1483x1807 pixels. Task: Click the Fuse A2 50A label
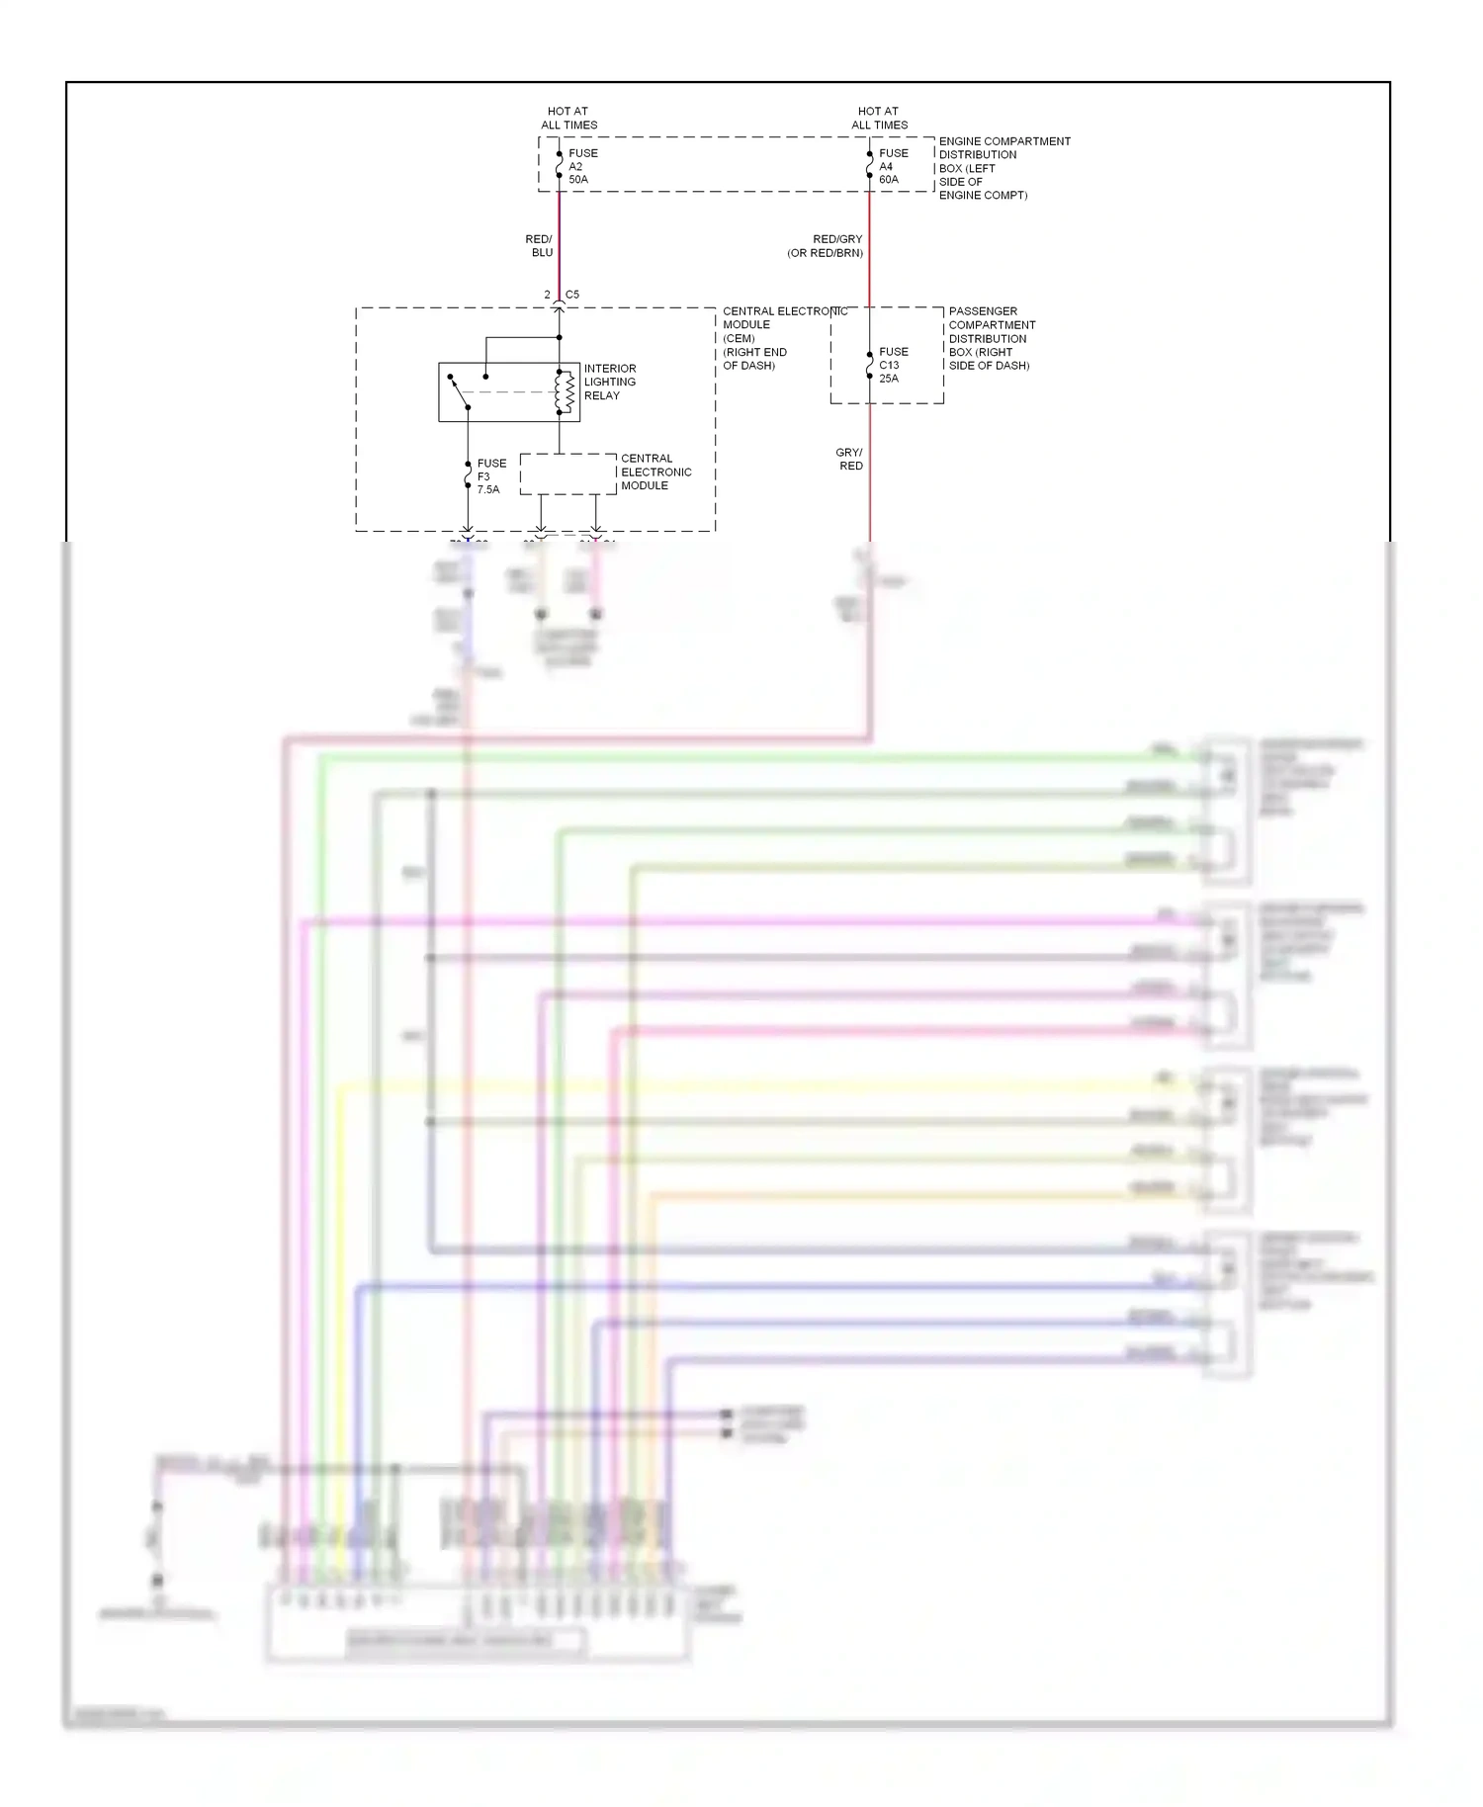point(581,166)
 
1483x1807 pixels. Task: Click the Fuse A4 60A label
point(892,166)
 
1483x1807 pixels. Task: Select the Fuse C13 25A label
point(892,365)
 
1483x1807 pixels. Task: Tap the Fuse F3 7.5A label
point(490,476)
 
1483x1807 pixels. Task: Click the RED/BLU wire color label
point(540,246)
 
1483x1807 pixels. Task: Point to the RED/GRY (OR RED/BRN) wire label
point(827,246)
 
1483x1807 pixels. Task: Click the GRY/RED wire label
point(849,459)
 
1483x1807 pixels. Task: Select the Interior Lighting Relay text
point(610,382)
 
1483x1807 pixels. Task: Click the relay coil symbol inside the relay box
point(566,392)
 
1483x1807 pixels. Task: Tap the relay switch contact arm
point(459,392)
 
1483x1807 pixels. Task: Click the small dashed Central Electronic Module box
point(567,473)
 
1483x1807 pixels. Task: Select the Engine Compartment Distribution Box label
point(1003,168)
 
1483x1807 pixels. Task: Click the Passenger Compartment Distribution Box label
point(991,338)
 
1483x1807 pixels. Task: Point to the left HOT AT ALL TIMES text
point(568,118)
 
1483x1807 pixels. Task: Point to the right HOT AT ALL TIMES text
point(879,118)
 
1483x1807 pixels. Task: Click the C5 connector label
point(571,295)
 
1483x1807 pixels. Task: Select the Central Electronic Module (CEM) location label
point(755,338)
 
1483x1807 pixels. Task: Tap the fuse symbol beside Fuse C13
point(869,365)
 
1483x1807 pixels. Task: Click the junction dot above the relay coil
point(560,338)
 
